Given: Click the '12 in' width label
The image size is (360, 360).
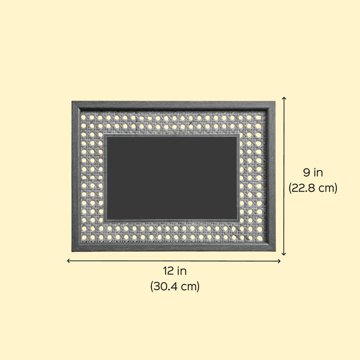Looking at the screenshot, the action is (x=174, y=271).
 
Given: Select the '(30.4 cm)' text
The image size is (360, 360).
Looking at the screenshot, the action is (x=174, y=286).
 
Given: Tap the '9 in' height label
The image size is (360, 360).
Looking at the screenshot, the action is (x=313, y=172).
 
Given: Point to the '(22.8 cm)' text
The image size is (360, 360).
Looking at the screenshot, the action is (x=313, y=188).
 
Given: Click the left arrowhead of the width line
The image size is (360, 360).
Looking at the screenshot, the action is (x=67, y=260).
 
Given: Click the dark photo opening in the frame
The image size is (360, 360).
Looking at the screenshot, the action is (x=171, y=178).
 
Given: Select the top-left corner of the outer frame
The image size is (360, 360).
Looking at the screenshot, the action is (x=72, y=101).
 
